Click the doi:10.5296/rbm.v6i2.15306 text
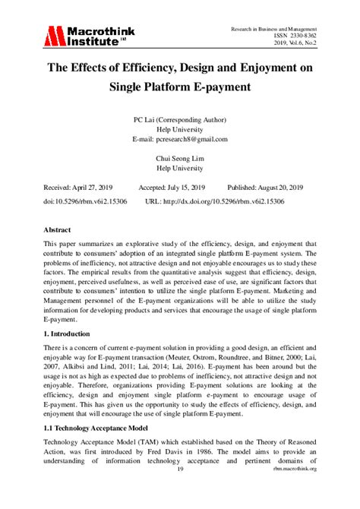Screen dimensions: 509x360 85,201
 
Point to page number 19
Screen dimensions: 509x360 180,469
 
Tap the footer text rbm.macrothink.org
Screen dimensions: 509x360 292,469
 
